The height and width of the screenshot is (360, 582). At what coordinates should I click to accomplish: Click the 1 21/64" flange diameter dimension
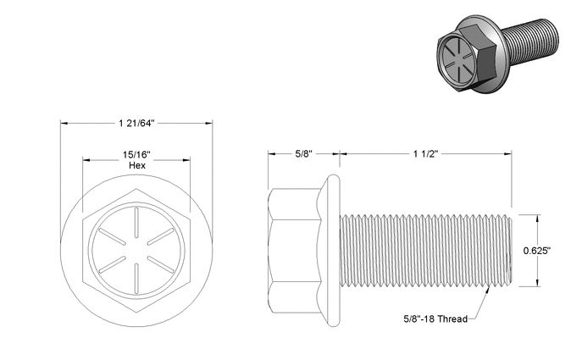[x=136, y=123]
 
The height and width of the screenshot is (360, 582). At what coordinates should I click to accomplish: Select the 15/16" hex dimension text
[x=136, y=155]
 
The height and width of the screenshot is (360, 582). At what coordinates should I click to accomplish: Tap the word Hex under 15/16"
[x=137, y=165]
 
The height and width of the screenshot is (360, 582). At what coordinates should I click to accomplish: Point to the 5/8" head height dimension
[x=303, y=153]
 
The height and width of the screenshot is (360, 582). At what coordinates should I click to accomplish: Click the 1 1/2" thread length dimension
[x=426, y=153]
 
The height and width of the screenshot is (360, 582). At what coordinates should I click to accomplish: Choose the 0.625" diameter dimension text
[x=537, y=251]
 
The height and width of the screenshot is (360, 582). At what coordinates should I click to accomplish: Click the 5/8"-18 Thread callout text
[x=435, y=318]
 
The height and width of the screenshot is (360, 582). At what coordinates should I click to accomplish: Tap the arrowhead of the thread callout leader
[x=488, y=289]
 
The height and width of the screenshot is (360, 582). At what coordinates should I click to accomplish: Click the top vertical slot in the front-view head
[x=136, y=223]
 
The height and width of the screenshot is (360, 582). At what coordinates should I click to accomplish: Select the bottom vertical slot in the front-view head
[x=136, y=279]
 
